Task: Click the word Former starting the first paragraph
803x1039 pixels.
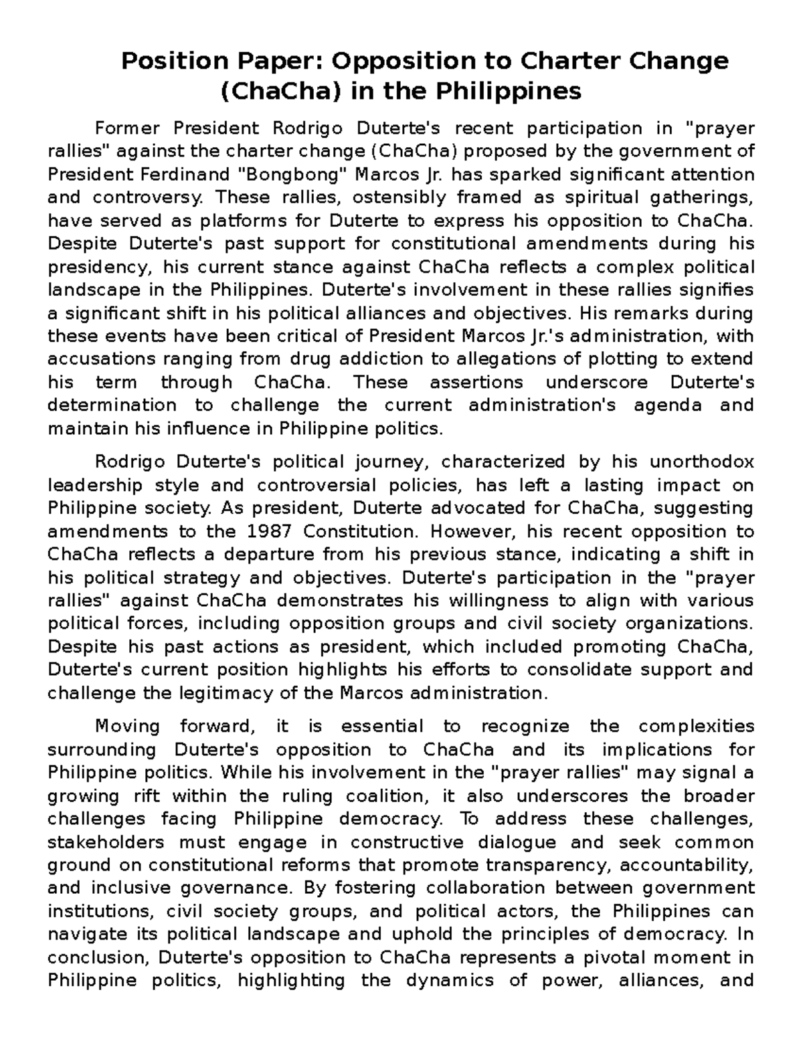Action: click(128, 128)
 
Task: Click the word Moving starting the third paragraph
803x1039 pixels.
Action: click(128, 726)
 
